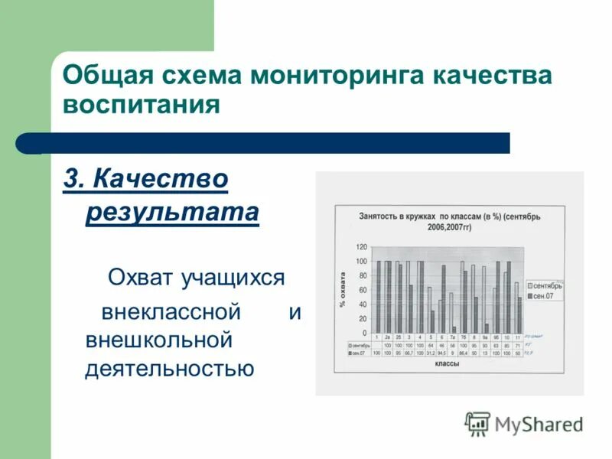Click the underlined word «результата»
(x=172, y=211)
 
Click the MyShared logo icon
(x=477, y=424)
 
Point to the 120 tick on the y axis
(x=361, y=247)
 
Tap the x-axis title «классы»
(x=447, y=366)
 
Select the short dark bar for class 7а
(x=454, y=330)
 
